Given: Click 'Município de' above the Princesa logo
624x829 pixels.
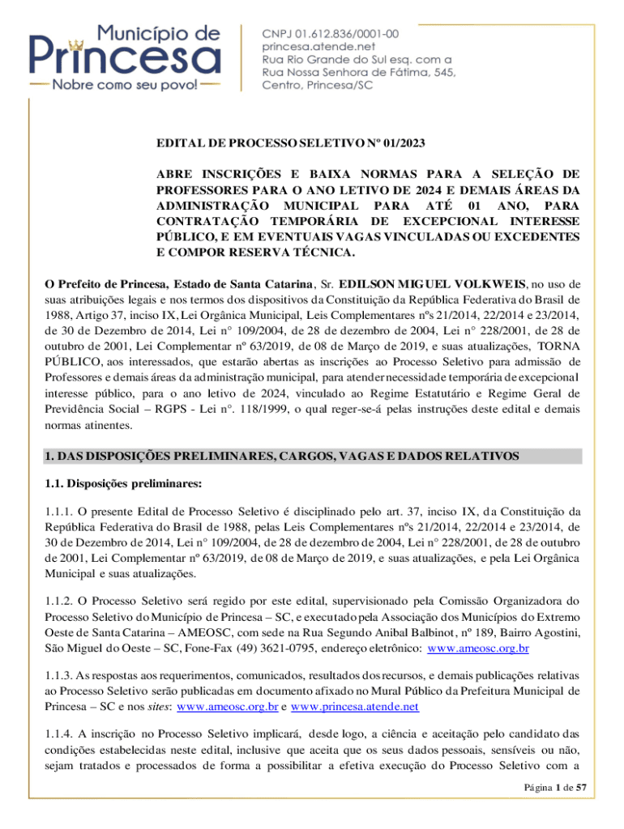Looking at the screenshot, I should click(159, 34).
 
